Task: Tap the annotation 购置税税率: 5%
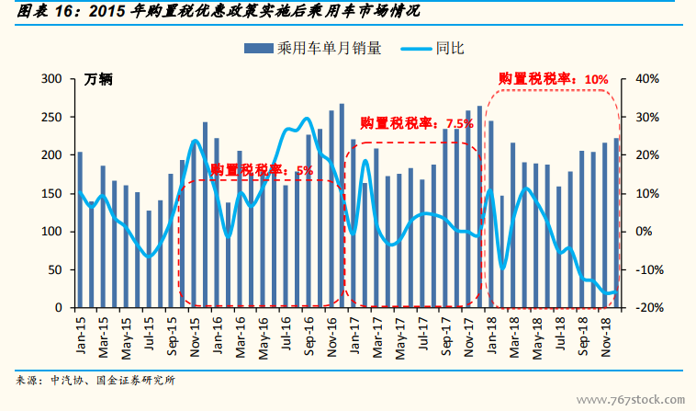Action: (x=262, y=170)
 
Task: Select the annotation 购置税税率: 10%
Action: (x=554, y=79)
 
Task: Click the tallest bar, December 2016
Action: (x=342, y=205)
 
